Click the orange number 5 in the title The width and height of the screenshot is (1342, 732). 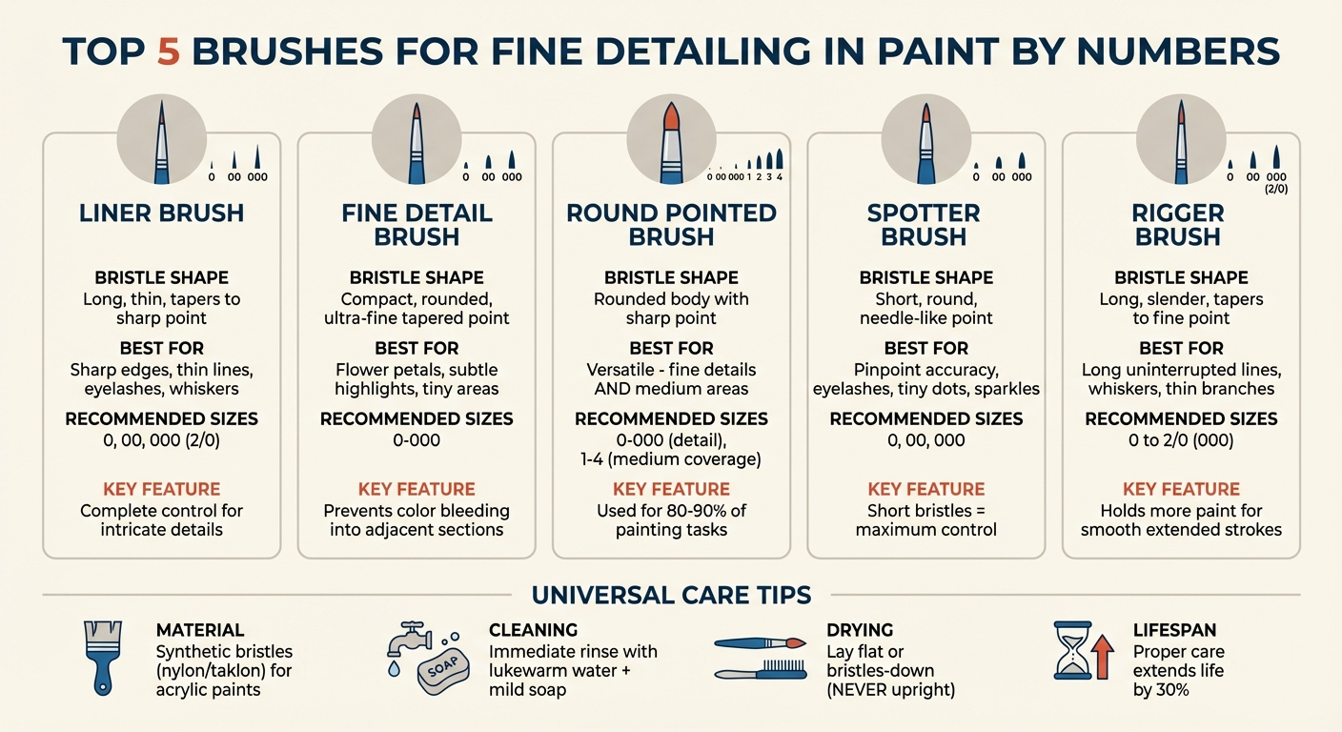168,51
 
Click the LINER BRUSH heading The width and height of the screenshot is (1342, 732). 161,213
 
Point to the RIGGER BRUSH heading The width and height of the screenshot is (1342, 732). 1180,224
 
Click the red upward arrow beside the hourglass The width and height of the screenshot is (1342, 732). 1102,659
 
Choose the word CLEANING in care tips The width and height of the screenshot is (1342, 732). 533,630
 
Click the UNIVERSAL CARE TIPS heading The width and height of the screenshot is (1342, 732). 671,596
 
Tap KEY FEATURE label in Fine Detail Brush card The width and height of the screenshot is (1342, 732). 417,489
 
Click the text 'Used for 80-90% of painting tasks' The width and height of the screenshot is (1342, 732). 671,520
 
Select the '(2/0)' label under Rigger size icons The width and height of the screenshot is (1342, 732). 1276,190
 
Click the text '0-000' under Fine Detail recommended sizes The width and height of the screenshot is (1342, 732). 417,440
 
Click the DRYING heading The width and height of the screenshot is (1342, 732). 860,630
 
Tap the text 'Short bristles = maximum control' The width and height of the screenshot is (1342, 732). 925,520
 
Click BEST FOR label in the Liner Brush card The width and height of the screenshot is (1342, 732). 161,348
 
